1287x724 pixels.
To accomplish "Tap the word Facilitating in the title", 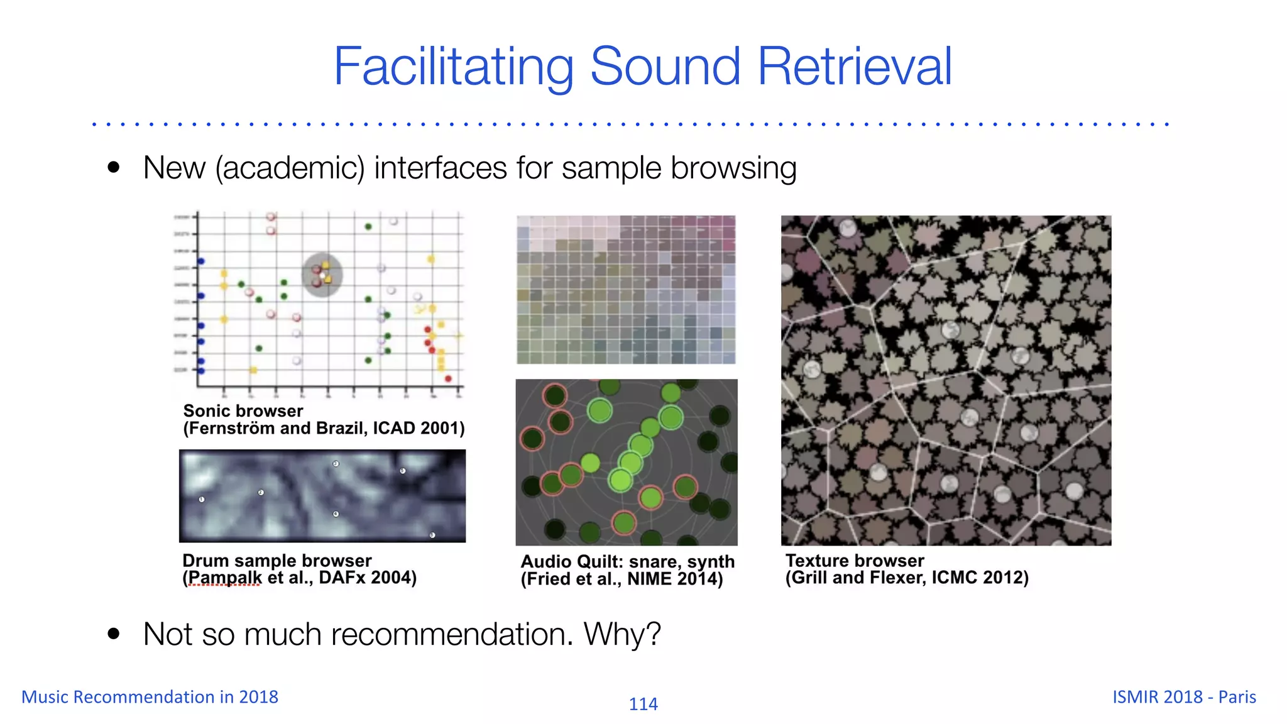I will click(x=453, y=67).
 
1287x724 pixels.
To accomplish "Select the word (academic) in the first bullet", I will click(x=290, y=168).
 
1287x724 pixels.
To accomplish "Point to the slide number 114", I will click(x=643, y=704).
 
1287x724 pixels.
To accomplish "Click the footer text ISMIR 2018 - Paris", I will click(x=1184, y=697).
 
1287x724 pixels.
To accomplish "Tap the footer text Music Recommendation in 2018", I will click(x=150, y=697).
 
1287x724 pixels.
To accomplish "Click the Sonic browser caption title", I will click(x=243, y=411).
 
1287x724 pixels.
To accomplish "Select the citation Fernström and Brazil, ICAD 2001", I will click(x=324, y=429).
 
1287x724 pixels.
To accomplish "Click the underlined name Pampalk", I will click(x=224, y=578).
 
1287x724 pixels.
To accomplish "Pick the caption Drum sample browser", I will click(x=277, y=560).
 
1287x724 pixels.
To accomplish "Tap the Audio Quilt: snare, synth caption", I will click(x=627, y=561).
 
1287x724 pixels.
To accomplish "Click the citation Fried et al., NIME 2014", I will click(x=622, y=579).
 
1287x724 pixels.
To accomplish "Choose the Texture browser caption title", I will click(x=855, y=560).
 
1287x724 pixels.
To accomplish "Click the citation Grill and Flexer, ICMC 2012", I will click(x=907, y=578).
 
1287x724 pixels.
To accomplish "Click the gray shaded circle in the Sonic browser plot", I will click(x=322, y=275).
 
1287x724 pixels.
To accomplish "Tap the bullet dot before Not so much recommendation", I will click(x=114, y=633).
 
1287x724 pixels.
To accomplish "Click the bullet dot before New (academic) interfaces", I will click(x=114, y=168).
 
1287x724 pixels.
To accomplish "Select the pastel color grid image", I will click(x=626, y=290).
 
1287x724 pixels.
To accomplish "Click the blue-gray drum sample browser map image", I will click(x=322, y=496).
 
